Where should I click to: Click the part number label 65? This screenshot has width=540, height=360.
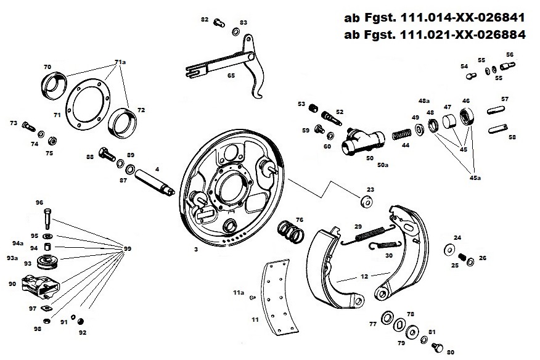click(x=231, y=75)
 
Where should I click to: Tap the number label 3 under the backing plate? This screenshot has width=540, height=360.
click(x=195, y=250)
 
